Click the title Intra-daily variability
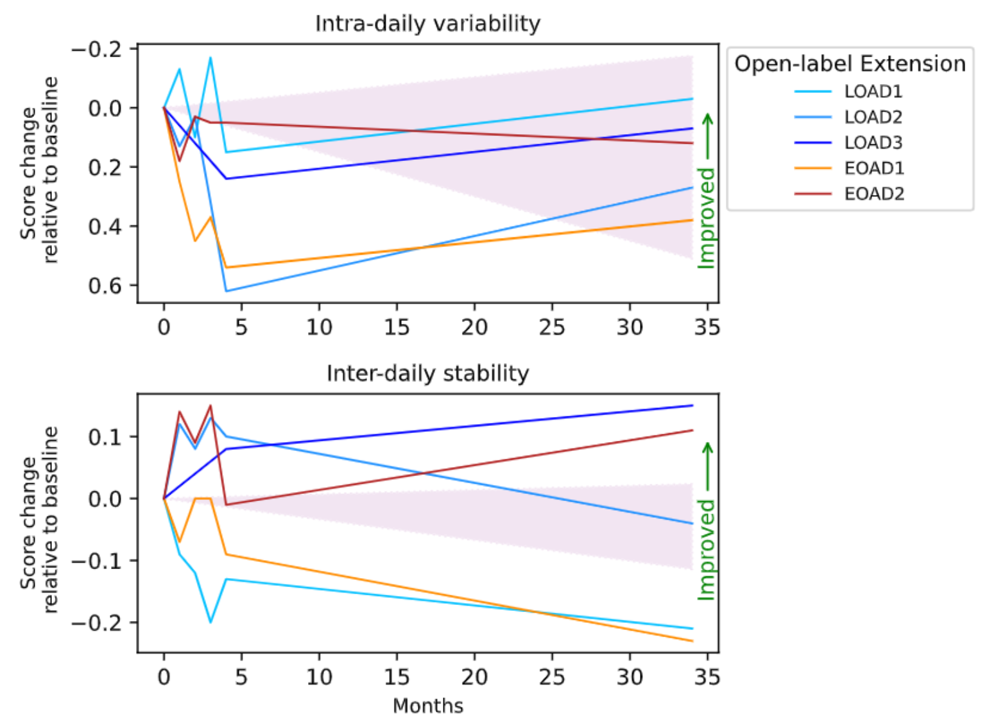pyautogui.click(x=427, y=24)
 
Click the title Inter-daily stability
pyautogui.click(x=427, y=373)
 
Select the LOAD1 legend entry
pyautogui.click(x=873, y=92)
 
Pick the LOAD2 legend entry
pyautogui.click(x=873, y=117)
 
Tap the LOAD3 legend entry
pyautogui.click(x=873, y=143)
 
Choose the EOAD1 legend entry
pyautogui.click(x=873, y=169)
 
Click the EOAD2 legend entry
pyautogui.click(x=873, y=194)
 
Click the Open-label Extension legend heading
pyautogui.click(x=850, y=64)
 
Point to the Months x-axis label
pyautogui.click(x=427, y=706)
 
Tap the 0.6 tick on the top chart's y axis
pyautogui.click(x=105, y=286)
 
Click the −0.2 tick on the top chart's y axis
pyautogui.click(x=96, y=49)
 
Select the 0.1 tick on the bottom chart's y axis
pyautogui.click(x=105, y=437)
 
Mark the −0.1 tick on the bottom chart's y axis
pyautogui.click(x=96, y=561)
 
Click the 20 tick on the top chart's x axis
pyautogui.click(x=474, y=328)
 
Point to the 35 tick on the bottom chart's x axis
pyautogui.click(x=707, y=678)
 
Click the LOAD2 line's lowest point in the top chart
pyautogui.click(x=226, y=291)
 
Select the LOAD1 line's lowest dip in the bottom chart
pyautogui.click(x=210, y=622)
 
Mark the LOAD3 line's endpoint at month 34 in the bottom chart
pyautogui.click(x=692, y=405)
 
